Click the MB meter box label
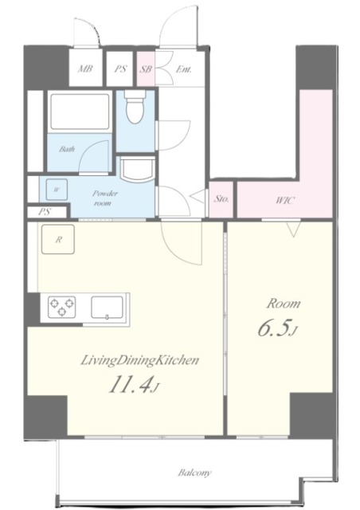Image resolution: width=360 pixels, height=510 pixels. (x=85, y=69)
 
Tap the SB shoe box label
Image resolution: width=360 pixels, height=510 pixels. (x=146, y=69)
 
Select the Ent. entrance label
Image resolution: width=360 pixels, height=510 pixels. (x=183, y=69)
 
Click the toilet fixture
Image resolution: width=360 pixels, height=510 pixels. (x=135, y=106)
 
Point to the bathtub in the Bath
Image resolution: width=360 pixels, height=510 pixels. (x=80, y=112)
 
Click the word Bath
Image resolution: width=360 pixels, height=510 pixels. (x=67, y=149)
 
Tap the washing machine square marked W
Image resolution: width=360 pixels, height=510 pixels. (x=57, y=190)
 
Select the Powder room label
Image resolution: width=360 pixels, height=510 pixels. (x=104, y=198)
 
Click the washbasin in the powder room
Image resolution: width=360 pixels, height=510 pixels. (x=137, y=169)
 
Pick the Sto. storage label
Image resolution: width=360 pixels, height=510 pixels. (x=221, y=198)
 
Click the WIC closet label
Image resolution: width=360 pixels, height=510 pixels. (x=285, y=200)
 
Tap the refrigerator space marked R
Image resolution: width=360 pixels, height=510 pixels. (x=58, y=239)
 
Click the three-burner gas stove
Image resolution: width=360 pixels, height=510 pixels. (x=62, y=307)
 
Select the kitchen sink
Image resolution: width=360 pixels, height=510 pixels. (x=107, y=308)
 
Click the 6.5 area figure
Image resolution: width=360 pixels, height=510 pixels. (x=274, y=329)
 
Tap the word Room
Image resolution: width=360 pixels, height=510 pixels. (x=284, y=304)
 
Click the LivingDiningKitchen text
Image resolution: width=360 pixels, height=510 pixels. (x=139, y=360)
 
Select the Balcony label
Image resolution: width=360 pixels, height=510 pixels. (x=194, y=473)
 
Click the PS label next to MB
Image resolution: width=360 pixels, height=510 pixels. (x=120, y=69)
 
